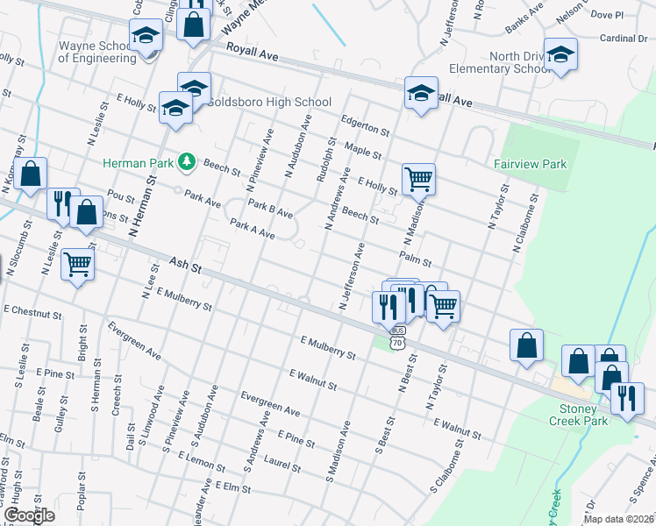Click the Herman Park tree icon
pos(186,160)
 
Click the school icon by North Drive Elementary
pos(560,53)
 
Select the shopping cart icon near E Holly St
pos(419,178)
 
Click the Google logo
pos(29,515)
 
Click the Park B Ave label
pos(270,210)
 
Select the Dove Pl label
pos(607,15)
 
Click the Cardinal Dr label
pos(624,38)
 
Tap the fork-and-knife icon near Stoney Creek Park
pos(627,399)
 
